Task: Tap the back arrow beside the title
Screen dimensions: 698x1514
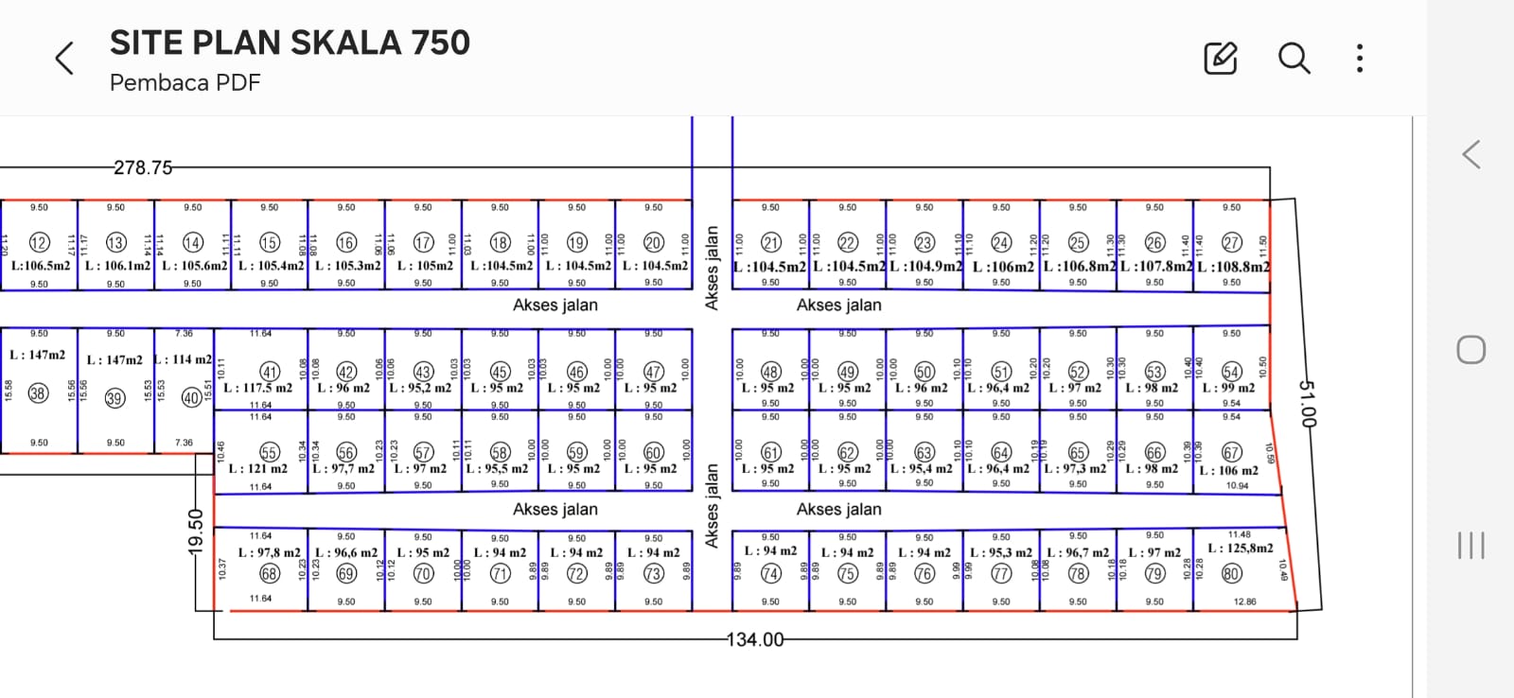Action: pos(64,59)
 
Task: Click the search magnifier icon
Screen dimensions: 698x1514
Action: pos(1294,59)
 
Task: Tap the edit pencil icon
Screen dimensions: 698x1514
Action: pos(1220,59)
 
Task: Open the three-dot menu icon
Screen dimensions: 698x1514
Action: pos(1360,59)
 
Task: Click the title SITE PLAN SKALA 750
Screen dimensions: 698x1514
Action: pos(290,43)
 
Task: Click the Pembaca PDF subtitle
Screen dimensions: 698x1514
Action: pos(185,83)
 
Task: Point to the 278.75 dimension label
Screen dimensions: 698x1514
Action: pos(143,167)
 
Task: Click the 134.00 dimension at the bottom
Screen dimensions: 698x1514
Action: pos(754,640)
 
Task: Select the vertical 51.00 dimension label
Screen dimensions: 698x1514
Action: pos(1306,403)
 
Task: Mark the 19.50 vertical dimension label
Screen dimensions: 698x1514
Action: pos(196,532)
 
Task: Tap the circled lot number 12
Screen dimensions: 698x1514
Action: pos(39,243)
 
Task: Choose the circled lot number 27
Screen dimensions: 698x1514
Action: pos(1231,243)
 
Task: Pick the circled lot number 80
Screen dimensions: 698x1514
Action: pos(1231,573)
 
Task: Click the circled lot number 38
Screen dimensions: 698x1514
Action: pos(38,393)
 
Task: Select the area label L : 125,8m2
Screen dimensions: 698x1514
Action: pos(1241,548)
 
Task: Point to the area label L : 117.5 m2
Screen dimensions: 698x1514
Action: pos(258,388)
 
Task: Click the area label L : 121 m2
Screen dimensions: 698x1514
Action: pos(258,468)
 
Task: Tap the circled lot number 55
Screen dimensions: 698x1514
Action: pos(270,453)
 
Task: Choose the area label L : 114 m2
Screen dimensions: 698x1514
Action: pos(184,359)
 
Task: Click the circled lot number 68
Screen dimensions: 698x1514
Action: pos(270,574)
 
